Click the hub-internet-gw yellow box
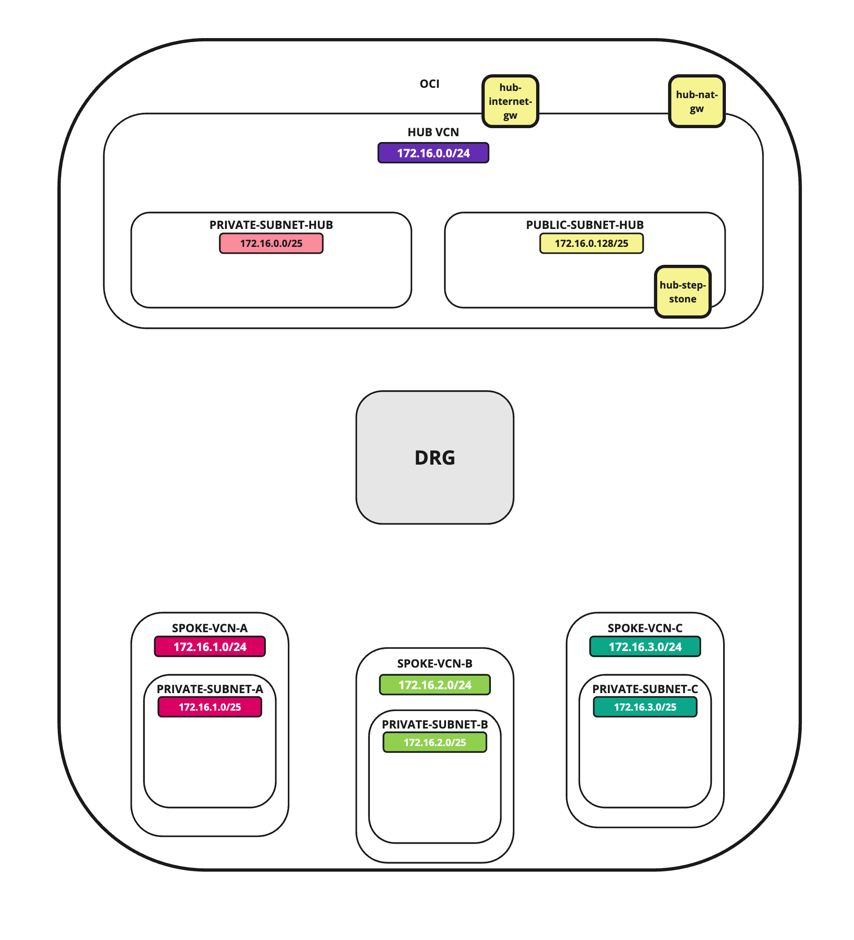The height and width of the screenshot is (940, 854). [510, 101]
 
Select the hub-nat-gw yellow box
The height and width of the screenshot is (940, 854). [697, 101]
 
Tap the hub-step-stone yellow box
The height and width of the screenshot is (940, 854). [683, 292]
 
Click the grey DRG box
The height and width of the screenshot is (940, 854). [435, 457]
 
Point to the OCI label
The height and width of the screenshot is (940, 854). [429, 84]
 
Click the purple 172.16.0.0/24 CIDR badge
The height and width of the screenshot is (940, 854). [434, 153]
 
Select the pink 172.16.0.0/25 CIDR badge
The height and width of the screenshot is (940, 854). [271, 243]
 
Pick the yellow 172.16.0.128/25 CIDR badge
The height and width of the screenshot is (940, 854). [591, 243]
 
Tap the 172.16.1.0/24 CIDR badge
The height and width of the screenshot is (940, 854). [210, 647]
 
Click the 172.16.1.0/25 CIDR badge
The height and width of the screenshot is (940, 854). [210, 707]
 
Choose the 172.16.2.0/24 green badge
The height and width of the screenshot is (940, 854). [435, 685]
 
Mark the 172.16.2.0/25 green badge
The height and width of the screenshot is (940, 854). [435, 742]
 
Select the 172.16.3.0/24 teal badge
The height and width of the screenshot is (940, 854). [645, 647]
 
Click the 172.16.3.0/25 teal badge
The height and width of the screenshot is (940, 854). [645, 707]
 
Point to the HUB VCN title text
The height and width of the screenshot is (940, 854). [434, 133]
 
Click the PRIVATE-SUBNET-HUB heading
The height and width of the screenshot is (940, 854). [271, 225]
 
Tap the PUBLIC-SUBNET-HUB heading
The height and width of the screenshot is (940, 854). [585, 225]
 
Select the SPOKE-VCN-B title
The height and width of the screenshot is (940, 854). [435, 664]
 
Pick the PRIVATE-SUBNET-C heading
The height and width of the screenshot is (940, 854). [645, 689]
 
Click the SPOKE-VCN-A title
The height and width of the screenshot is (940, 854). [210, 628]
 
